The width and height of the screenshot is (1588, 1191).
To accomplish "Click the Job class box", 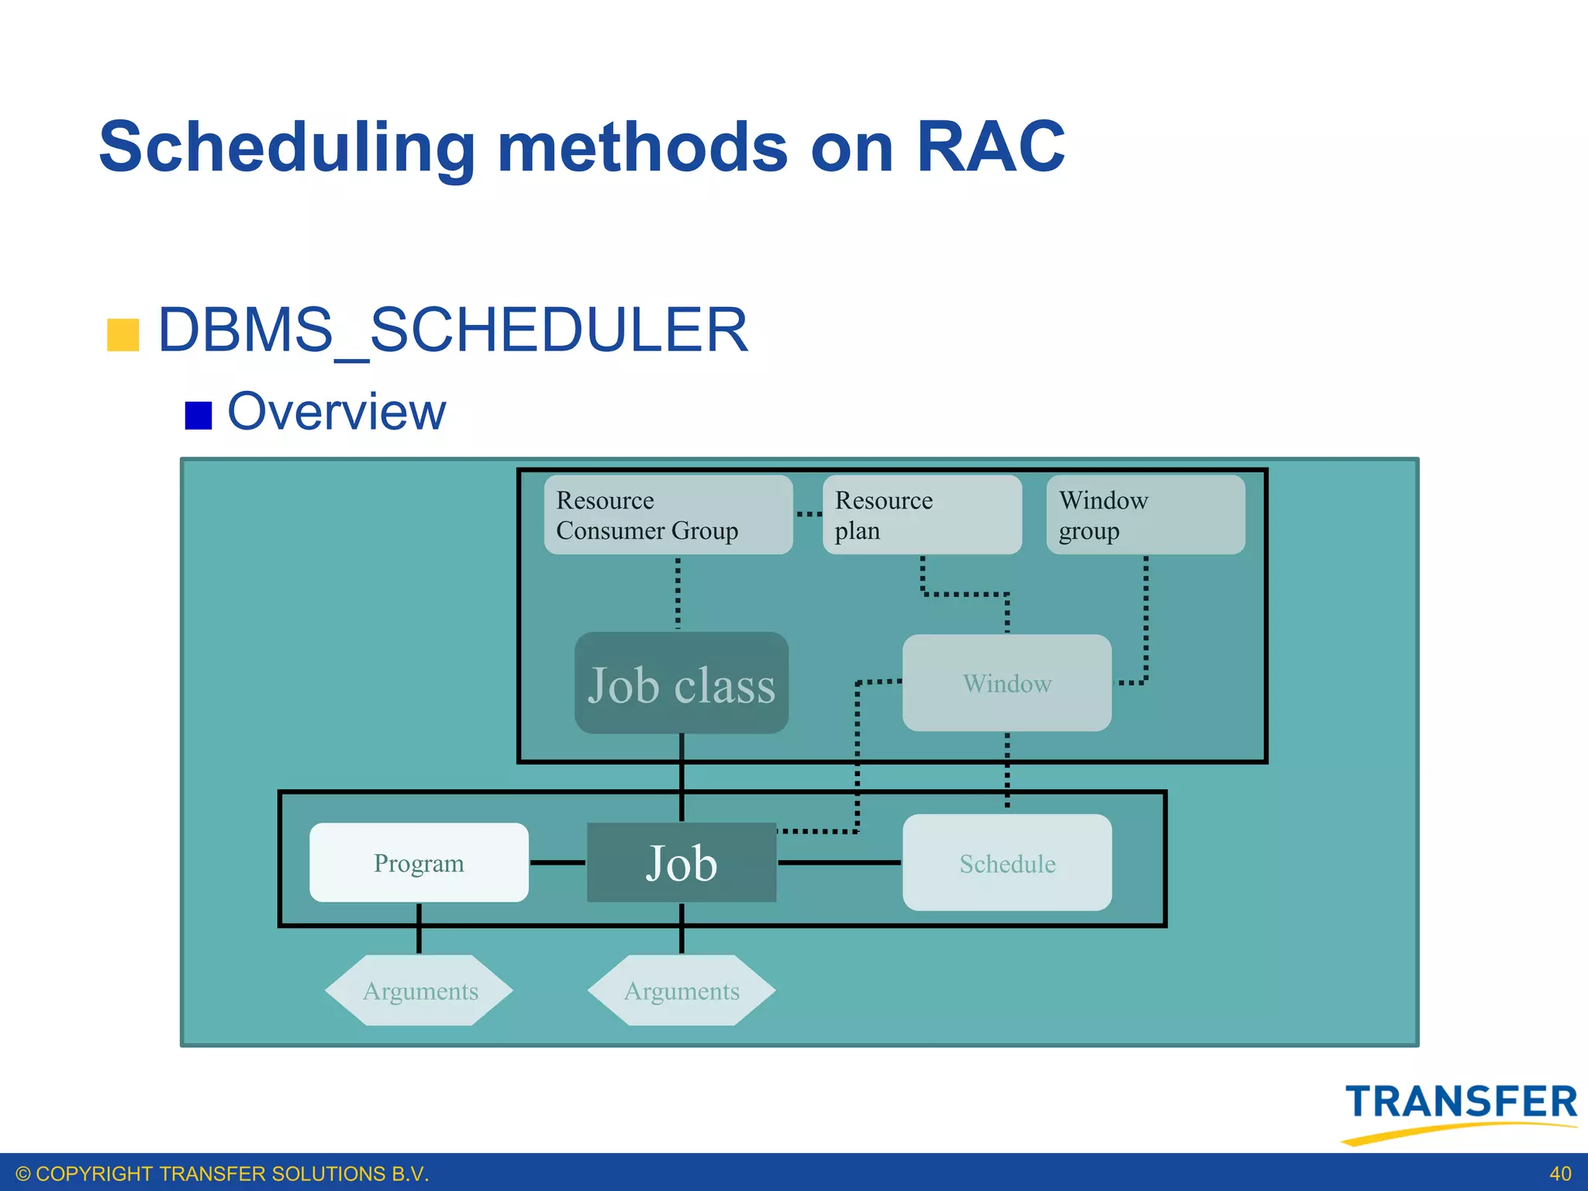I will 681,683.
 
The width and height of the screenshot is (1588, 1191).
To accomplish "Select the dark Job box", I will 681,862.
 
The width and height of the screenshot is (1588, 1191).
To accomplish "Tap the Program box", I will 419,862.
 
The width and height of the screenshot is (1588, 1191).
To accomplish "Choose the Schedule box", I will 1006,862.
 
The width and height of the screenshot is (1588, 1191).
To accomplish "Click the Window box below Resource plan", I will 1006,683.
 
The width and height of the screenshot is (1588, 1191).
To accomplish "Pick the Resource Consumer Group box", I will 668,515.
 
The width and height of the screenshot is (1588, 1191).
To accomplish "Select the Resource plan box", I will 921,515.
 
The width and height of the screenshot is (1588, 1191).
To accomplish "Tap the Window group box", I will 1144,515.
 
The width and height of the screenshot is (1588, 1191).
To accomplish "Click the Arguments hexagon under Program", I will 419,990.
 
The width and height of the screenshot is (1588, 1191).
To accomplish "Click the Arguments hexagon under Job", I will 681,990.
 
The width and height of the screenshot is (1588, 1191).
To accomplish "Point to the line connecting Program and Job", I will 558,862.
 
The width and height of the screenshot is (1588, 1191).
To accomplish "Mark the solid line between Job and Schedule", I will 839,862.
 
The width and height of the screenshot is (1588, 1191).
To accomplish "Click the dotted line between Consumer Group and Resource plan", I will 808,514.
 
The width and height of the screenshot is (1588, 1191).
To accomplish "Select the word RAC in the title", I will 990,147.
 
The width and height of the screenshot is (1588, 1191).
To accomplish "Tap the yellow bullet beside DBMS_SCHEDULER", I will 123,335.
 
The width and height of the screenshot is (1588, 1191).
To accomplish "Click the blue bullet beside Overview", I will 198,415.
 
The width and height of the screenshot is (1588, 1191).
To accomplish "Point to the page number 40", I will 1560,1174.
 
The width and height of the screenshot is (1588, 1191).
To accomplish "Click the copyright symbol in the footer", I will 23,1174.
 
